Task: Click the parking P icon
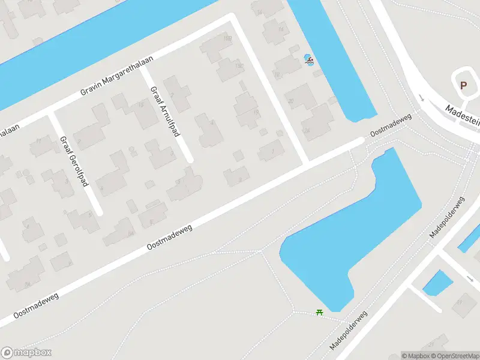(x=463, y=85)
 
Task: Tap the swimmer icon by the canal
(x=309, y=59)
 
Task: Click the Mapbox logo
(x=26, y=353)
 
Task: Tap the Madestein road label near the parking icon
(x=462, y=114)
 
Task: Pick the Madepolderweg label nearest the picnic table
(x=348, y=331)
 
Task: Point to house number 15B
(x=229, y=40)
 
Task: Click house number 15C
(x=239, y=66)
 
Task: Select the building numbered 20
(x=290, y=101)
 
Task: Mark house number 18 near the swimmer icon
(x=277, y=74)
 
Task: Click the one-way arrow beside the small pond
(x=469, y=278)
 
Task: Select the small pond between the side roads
(x=437, y=282)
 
